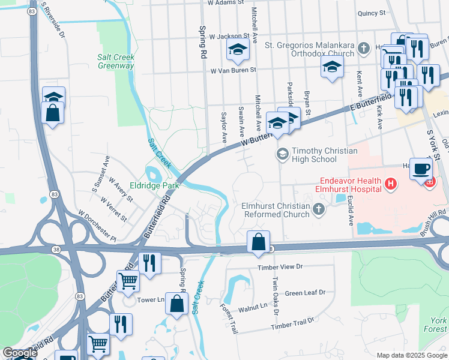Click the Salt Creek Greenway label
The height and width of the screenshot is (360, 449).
[x=116, y=61]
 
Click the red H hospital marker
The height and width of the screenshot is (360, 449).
[x=391, y=184]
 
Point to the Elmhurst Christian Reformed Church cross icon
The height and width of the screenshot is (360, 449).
[x=318, y=209]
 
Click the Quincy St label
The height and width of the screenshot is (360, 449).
[x=370, y=13]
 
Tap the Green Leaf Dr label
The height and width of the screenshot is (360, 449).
[x=305, y=293]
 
